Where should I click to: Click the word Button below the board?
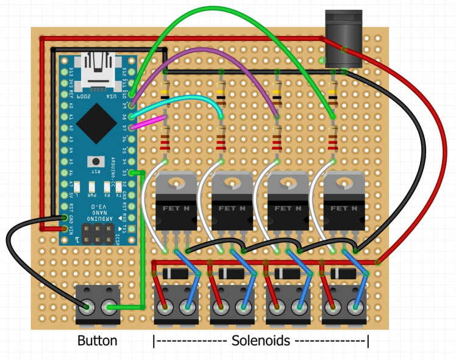[98, 340]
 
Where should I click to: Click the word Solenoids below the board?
[260, 340]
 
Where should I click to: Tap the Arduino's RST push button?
[94, 162]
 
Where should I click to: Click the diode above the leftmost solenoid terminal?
[176, 272]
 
